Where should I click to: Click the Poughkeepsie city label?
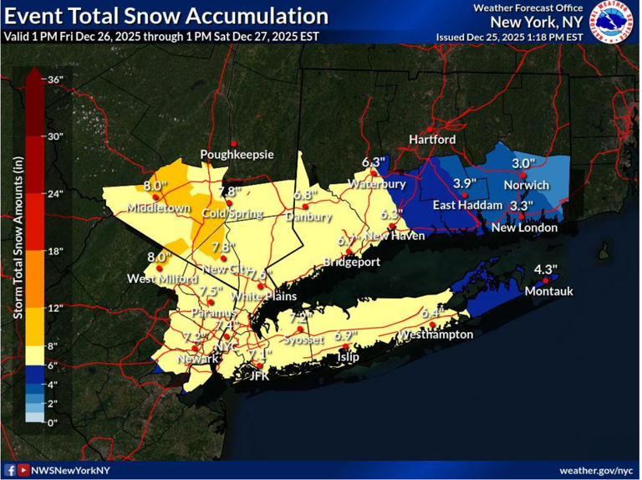click(x=237, y=155)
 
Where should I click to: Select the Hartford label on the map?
click(x=432, y=139)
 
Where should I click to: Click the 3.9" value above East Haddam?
click(x=464, y=183)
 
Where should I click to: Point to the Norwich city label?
click(x=527, y=185)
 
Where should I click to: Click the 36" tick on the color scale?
click(x=56, y=80)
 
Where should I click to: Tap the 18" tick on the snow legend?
click(x=56, y=250)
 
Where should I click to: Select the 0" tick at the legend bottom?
click(x=53, y=423)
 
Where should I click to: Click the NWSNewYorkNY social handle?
click(x=70, y=471)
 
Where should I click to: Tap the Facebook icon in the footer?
click(x=10, y=471)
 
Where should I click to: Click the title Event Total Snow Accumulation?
click(x=166, y=16)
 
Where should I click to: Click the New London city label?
click(x=524, y=227)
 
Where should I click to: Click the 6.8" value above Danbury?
click(x=308, y=194)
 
